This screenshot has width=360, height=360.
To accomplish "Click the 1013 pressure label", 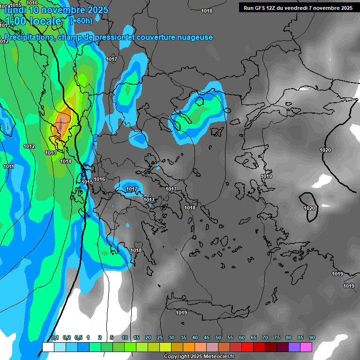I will tap(51, 153).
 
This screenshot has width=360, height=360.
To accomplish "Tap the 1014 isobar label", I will tap(66, 162).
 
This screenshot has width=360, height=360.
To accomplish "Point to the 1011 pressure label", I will tap(8, 167).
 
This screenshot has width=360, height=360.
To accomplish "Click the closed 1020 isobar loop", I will tap(309, 202).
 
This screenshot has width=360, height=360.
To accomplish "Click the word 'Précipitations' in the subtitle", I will tap(29, 37).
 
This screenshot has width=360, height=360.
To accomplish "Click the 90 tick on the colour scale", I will tap(312, 338).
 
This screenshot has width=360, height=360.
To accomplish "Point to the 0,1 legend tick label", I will tap(55, 338).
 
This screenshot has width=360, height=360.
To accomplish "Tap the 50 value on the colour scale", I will tap(218, 338).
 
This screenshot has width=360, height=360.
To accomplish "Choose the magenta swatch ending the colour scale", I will tap(306, 347).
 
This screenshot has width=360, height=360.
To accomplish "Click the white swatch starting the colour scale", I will tap(48, 347).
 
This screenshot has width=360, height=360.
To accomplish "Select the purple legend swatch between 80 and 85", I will tap(294, 347).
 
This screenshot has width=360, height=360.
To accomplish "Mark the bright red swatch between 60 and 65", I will tap(247, 347).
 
